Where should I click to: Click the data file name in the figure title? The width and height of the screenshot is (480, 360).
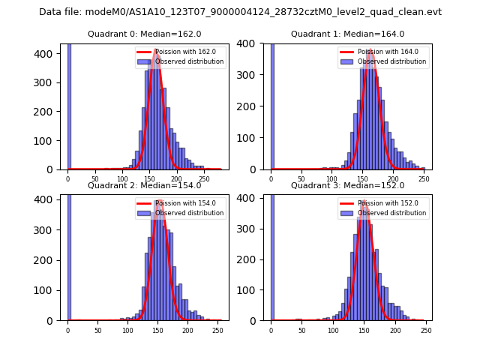[240, 12]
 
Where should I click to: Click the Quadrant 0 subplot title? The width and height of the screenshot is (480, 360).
[145, 34]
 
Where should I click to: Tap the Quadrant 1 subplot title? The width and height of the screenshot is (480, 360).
[348, 34]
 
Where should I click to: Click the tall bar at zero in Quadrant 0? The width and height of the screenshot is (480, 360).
[68, 105]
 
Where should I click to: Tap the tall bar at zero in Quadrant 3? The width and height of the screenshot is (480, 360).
[271, 255]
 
